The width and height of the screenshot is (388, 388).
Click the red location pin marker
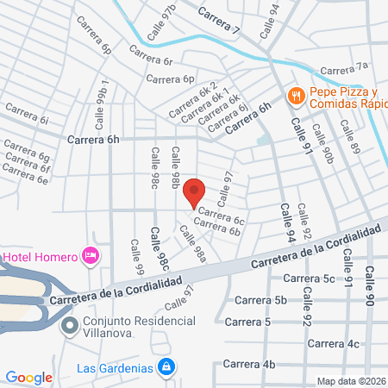195,193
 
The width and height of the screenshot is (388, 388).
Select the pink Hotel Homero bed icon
89,255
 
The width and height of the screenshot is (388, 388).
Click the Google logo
28,377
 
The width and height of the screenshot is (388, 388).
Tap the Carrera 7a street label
344,67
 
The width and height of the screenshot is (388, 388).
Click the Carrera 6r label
154,60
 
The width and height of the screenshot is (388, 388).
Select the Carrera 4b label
250,365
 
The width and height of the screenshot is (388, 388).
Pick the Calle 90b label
323,144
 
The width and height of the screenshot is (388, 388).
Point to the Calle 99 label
136,259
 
